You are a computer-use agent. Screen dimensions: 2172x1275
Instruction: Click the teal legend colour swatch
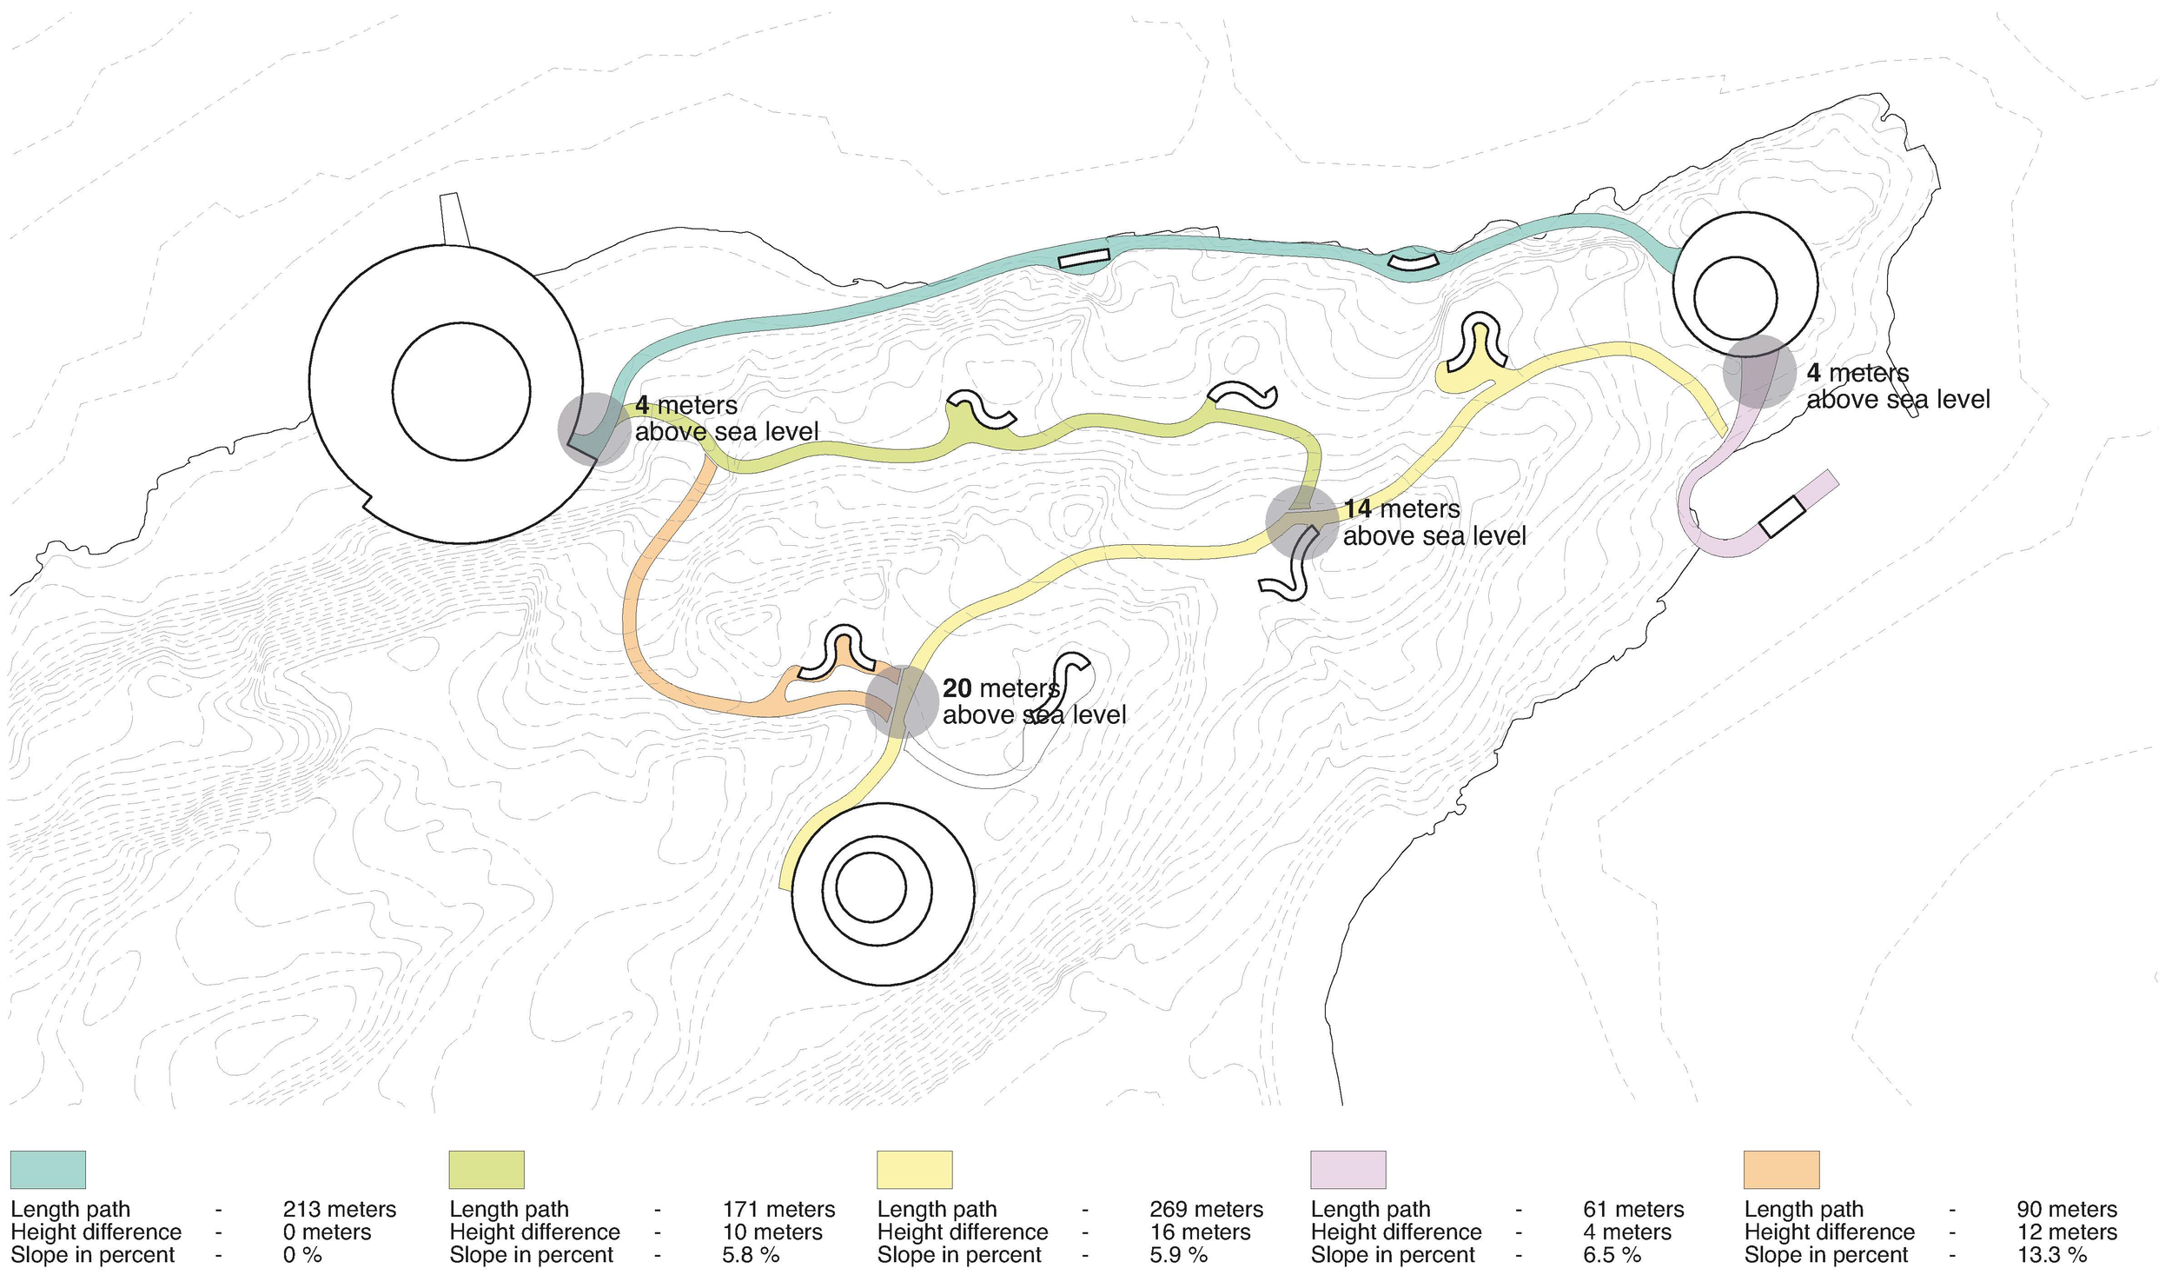coord(48,1169)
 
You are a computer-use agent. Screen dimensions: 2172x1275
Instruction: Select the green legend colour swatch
coord(487,1169)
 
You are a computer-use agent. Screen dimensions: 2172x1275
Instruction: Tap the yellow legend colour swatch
coord(914,1169)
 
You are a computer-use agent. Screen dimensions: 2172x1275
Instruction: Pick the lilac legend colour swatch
coord(1348,1169)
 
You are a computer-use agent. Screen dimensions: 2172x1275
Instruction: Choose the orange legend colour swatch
coord(1781,1169)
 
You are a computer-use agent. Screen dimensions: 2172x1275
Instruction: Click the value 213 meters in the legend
coord(339,1209)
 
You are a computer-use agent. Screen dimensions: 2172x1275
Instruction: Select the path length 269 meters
coord(1206,1209)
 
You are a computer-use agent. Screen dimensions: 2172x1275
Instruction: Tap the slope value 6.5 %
coord(1612,1255)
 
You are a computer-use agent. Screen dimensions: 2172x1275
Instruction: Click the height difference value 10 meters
coord(772,1232)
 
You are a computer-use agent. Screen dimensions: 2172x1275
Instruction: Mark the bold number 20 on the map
coord(957,688)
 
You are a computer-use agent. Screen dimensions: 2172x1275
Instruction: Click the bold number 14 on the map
coord(1357,508)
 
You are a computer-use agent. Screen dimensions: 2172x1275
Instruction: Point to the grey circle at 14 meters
coord(1301,522)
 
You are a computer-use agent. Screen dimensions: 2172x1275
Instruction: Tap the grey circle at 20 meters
coord(902,701)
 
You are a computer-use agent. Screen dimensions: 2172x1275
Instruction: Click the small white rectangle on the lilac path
coord(1781,516)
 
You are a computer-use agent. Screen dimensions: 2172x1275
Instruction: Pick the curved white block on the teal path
coord(1413,261)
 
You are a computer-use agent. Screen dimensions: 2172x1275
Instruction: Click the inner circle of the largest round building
coord(460,391)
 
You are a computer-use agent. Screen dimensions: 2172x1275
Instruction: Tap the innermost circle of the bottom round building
coord(871,889)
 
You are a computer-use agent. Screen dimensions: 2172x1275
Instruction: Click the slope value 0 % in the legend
coord(302,1255)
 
